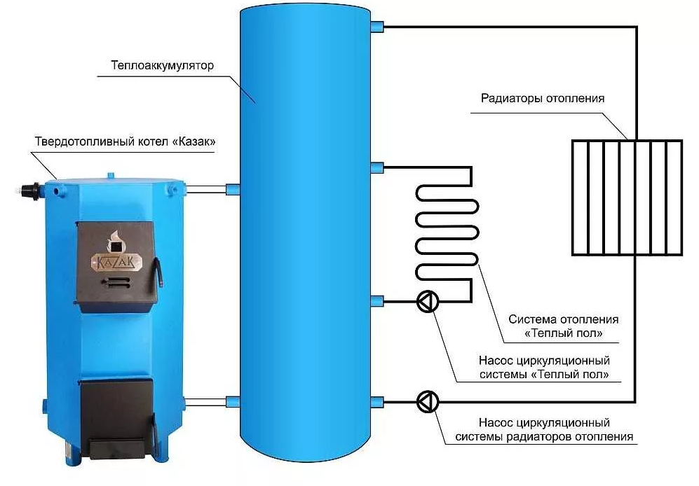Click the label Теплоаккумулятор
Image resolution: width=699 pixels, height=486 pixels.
coord(161,66)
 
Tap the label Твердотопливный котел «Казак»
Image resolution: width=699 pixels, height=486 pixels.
coord(125,142)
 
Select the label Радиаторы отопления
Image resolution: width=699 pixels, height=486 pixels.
coord(542,98)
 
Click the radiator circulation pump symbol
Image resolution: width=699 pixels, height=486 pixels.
coord(427,402)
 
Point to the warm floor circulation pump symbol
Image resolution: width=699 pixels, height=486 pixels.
coord(427,302)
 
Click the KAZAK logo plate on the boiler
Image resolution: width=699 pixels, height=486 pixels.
coord(116,262)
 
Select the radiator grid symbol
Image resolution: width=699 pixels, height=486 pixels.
coord(626,197)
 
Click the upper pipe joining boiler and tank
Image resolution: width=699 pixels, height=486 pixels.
coord(206,188)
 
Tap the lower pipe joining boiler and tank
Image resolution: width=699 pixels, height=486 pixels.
coord(206,402)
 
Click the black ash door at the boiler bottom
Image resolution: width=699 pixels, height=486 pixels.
coord(116,413)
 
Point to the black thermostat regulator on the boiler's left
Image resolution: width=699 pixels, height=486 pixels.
coord(29,190)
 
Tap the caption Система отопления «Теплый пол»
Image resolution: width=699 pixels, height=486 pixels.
coord(563,326)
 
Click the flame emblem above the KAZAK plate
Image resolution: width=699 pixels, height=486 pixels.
coord(112,242)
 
